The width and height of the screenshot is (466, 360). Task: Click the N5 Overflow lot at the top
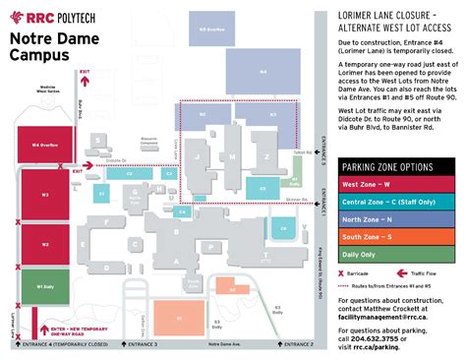(205, 30)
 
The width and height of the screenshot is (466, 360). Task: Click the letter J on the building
(199, 155)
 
